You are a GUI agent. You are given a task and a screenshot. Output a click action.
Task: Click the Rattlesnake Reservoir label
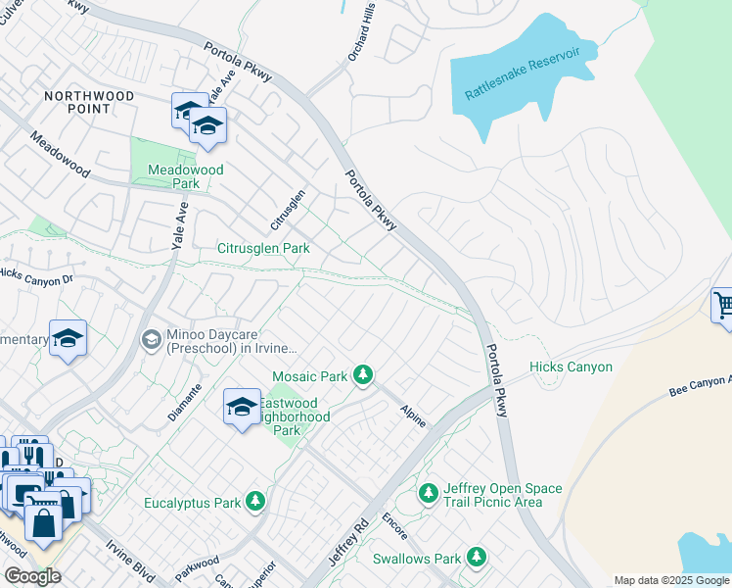coord(523,72)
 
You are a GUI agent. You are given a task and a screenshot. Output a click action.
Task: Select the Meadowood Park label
coord(185,176)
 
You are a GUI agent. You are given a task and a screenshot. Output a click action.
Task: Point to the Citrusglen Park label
coord(263,249)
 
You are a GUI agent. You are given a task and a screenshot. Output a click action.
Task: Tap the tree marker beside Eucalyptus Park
coord(255,503)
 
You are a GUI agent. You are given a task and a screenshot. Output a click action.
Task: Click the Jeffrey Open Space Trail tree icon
coord(428,494)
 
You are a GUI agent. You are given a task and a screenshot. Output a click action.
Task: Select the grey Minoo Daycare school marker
coord(151,340)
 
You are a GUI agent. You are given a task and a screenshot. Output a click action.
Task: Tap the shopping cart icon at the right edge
coord(723,305)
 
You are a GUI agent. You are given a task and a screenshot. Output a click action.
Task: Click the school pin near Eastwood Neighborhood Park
coord(242,407)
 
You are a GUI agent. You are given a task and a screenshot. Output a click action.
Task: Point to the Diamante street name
coord(185,402)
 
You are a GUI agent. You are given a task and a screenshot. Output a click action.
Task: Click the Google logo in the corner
coord(32,576)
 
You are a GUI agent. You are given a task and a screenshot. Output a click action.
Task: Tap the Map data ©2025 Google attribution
coord(670,580)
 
